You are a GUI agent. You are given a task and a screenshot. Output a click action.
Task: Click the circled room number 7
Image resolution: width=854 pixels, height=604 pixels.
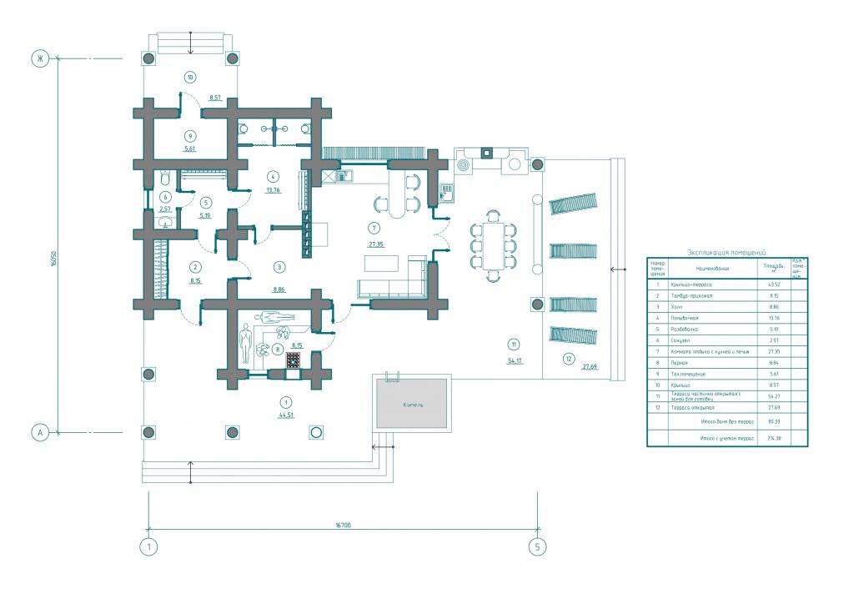pyautogui.click(x=374, y=228)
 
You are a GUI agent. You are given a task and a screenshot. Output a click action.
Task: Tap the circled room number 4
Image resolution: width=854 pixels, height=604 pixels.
pyautogui.click(x=272, y=175)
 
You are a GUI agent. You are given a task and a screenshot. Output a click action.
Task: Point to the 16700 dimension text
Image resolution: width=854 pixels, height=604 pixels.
pyautogui.click(x=343, y=526)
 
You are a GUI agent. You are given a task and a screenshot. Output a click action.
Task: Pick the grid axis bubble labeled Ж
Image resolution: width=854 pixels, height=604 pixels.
pyautogui.click(x=38, y=58)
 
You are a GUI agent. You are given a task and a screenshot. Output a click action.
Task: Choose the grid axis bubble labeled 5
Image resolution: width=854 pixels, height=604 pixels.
pyautogui.click(x=538, y=547)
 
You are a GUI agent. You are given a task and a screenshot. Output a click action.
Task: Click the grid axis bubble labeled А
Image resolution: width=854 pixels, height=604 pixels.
pyautogui.click(x=38, y=432)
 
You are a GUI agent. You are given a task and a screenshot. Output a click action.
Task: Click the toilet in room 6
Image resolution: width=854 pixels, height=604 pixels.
pyautogui.click(x=165, y=179)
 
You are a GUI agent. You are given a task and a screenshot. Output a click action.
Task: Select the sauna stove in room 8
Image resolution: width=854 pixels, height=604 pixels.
pyautogui.click(x=294, y=360)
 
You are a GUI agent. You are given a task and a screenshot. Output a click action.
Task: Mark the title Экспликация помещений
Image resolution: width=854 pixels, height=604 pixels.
pyautogui.click(x=726, y=251)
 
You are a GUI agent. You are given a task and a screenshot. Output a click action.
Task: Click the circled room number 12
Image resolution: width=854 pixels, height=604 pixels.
pyautogui.click(x=569, y=360)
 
